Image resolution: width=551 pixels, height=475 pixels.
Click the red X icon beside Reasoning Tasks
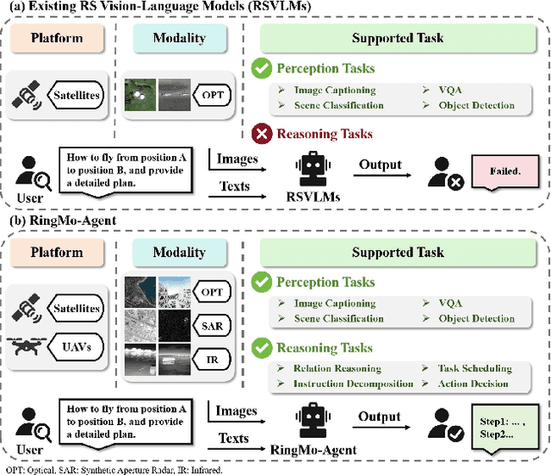coord(262,133)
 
